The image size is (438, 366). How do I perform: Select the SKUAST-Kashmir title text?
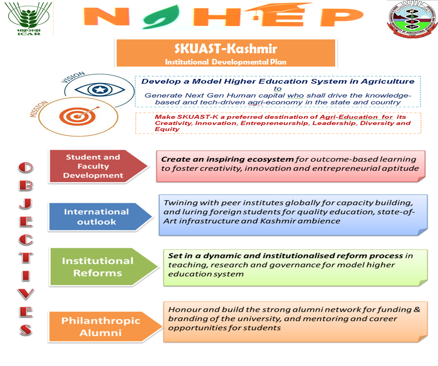[226, 49]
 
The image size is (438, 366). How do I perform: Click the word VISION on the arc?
[72, 78]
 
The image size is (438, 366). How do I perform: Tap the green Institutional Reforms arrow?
[97, 267]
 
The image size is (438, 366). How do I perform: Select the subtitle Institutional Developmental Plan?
[226, 61]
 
